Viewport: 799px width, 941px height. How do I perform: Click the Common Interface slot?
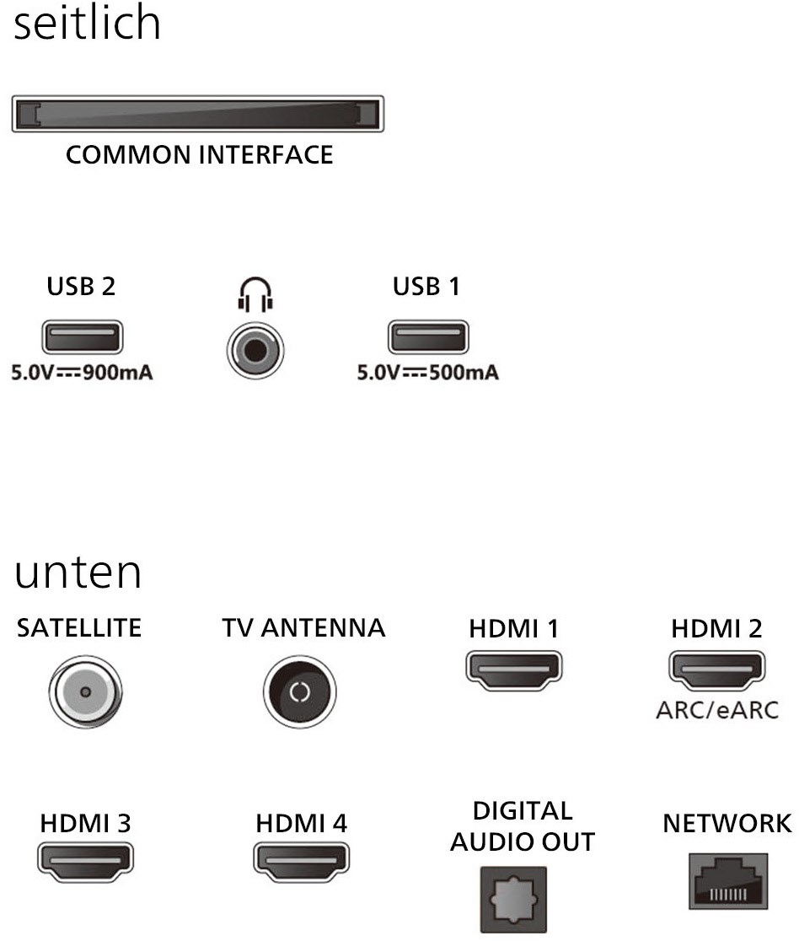pyautogui.click(x=197, y=115)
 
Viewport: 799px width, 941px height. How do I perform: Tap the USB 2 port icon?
pyautogui.click(x=81, y=338)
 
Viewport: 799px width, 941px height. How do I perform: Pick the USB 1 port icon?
pyautogui.click(x=427, y=338)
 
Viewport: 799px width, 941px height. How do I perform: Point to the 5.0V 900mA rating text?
pyautogui.click(x=81, y=372)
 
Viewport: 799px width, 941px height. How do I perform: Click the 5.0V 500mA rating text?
pyautogui.click(x=427, y=372)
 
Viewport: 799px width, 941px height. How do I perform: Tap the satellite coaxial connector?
pyautogui.click(x=84, y=692)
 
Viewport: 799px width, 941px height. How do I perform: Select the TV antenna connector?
pyautogui.click(x=300, y=692)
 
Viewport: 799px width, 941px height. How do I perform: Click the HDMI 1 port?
pyautogui.click(x=514, y=669)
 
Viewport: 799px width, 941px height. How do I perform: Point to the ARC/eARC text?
pyautogui.click(x=716, y=709)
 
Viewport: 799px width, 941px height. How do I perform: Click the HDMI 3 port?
pyautogui.click(x=85, y=861)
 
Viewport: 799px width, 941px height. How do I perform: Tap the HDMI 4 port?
pyautogui.click(x=301, y=861)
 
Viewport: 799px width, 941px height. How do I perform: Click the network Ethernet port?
pyautogui.click(x=727, y=880)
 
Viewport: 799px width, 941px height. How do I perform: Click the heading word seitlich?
pyautogui.click(x=88, y=24)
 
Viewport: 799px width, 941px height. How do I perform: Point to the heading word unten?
pyautogui.click(x=78, y=573)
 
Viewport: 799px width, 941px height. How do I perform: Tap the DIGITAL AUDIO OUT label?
pyautogui.click(x=523, y=826)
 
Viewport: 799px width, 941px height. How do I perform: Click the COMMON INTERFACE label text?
pyautogui.click(x=199, y=155)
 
